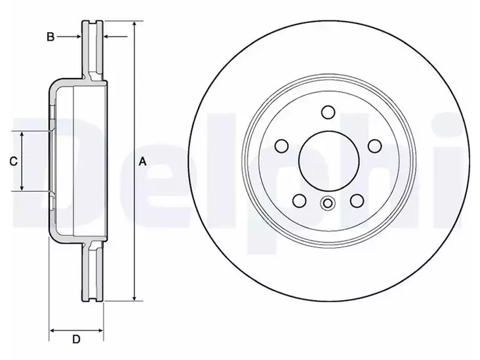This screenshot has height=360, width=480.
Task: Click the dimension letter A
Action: [142, 161]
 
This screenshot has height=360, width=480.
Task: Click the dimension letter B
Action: [50, 37]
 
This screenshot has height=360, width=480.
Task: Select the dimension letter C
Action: [14, 161]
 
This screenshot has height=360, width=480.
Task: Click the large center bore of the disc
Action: [329, 161]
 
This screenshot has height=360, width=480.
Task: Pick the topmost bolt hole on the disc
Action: [328, 112]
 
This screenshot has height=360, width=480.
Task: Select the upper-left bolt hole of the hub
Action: [281, 146]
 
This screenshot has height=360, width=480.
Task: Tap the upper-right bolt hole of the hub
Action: [374, 146]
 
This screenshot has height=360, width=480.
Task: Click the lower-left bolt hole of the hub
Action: [300, 201]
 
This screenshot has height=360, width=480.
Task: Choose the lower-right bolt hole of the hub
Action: [357, 201]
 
